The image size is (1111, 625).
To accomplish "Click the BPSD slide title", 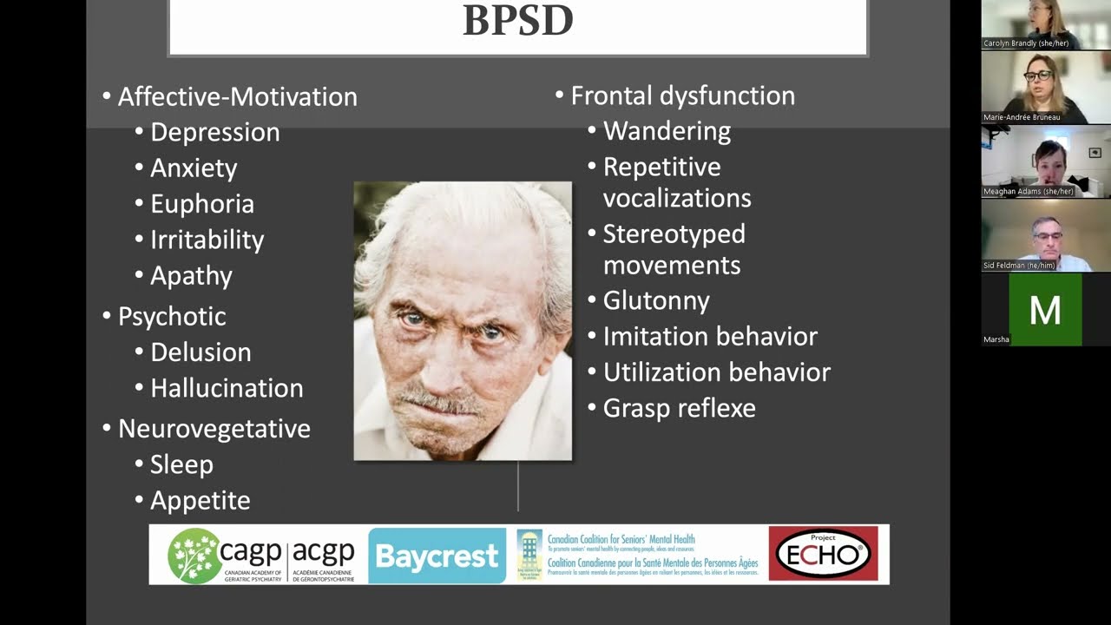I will click(517, 21).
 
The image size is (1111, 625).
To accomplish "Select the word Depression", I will click(214, 132).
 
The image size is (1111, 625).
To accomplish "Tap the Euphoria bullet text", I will click(202, 204).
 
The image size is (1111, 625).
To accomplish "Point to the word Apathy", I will click(191, 276).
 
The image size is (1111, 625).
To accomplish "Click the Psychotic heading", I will click(172, 317).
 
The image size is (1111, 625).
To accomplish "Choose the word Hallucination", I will click(227, 388).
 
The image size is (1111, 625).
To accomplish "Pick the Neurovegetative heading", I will click(214, 429).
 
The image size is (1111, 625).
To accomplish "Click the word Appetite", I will click(200, 501).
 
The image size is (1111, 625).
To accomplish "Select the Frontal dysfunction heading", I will click(682, 95).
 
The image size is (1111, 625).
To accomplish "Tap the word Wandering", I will click(667, 131).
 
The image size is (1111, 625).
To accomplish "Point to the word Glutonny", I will click(656, 301).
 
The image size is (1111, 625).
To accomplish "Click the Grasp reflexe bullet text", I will click(679, 409).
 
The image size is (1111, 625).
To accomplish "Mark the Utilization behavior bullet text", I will click(716, 372).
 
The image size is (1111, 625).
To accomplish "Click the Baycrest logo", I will click(437, 556).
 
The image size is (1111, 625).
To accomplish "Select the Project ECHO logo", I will click(823, 554).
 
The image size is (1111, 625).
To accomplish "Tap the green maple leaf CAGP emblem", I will click(193, 555).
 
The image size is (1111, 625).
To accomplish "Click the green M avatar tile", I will click(1045, 310).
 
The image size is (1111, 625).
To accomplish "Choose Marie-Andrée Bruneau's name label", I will click(1022, 117).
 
